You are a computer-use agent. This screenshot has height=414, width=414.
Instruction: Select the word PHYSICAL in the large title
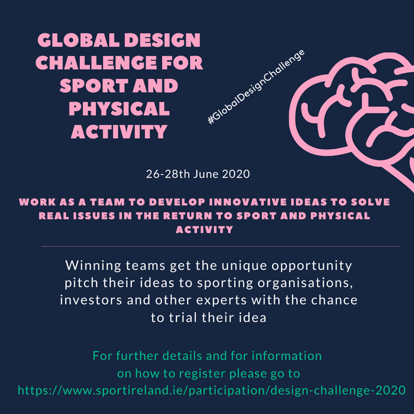click(119, 109)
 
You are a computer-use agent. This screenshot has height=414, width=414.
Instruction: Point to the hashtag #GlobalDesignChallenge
click(256, 87)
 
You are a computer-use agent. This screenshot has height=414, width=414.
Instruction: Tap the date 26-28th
click(168, 174)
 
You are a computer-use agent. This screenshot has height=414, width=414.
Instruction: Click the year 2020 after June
click(236, 174)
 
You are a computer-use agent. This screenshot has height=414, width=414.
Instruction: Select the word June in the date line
click(206, 174)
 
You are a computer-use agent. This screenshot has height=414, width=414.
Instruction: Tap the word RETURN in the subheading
click(188, 216)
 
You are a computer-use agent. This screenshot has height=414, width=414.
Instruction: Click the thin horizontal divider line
click(220, 246)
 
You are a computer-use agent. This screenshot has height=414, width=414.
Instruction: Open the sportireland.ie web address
click(211, 391)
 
